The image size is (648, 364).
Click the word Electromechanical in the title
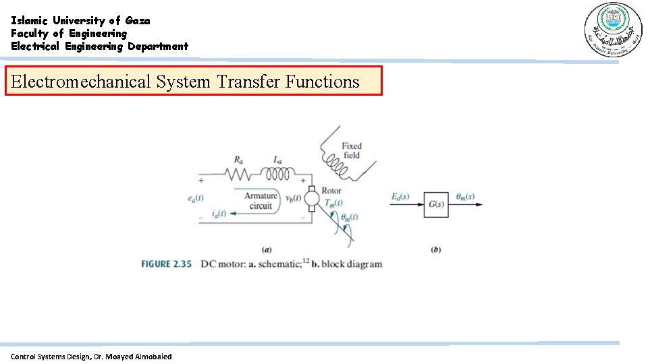click(x=81, y=82)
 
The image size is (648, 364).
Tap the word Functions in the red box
click(x=322, y=82)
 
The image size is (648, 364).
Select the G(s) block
click(x=436, y=204)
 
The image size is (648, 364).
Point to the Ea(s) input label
click(x=400, y=197)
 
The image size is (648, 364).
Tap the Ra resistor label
click(x=239, y=160)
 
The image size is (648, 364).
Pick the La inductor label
click(x=278, y=160)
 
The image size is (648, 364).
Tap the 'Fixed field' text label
click(x=351, y=150)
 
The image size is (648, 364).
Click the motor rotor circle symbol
click(x=312, y=199)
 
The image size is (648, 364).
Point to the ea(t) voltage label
click(x=196, y=198)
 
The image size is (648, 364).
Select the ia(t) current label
click(x=217, y=214)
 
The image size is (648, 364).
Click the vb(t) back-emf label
click(x=294, y=198)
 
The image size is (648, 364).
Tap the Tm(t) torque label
click(x=333, y=202)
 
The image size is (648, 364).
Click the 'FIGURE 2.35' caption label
click(x=166, y=264)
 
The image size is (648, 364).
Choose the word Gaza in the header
click(x=138, y=20)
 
